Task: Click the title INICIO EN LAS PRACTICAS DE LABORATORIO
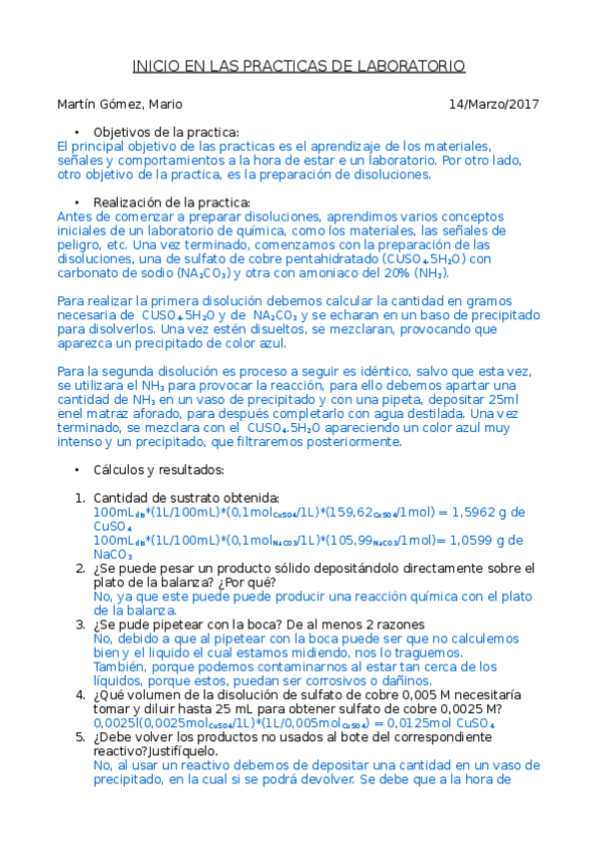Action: tap(299, 66)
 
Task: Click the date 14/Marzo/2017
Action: tap(493, 104)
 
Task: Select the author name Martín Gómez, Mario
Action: tap(120, 104)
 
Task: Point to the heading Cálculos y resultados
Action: tap(159, 469)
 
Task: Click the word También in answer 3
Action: tap(121, 666)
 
